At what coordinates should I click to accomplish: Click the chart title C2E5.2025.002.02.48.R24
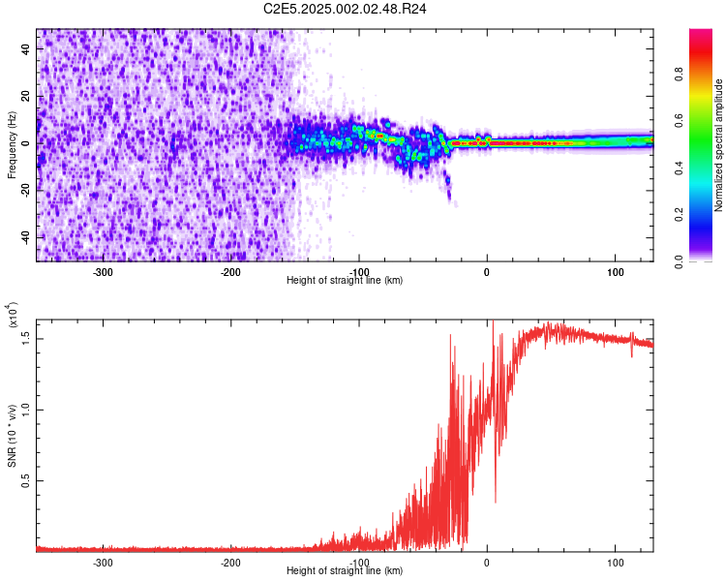click(346, 9)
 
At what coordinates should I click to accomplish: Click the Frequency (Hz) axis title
click(12, 144)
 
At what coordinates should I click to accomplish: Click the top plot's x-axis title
click(345, 280)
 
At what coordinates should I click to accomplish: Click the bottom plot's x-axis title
click(345, 571)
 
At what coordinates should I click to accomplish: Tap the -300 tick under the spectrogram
click(103, 270)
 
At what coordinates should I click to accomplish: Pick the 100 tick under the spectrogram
click(615, 270)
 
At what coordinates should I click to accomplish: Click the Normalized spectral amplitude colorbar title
click(718, 145)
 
